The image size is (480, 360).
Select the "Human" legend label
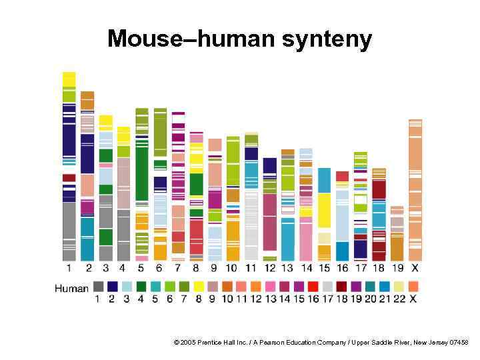tap(71, 288)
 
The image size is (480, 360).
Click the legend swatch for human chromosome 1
tap(98, 287)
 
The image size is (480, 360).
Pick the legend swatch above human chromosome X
tap(413, 287)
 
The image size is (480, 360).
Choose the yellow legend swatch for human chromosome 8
tap(199, 287)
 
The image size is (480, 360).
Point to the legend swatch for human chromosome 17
tap(328, 287)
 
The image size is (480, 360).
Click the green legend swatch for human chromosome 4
tap(141, 287)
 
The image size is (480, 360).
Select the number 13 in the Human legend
tap(270, 299)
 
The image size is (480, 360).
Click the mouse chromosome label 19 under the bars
tap(397, 268)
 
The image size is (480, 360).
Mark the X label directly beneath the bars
tap(415, 268)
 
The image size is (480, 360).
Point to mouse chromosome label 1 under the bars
tap(69, 268)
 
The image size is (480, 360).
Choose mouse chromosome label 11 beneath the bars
tap(251, 268)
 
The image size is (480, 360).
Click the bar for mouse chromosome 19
tap(397, 233)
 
